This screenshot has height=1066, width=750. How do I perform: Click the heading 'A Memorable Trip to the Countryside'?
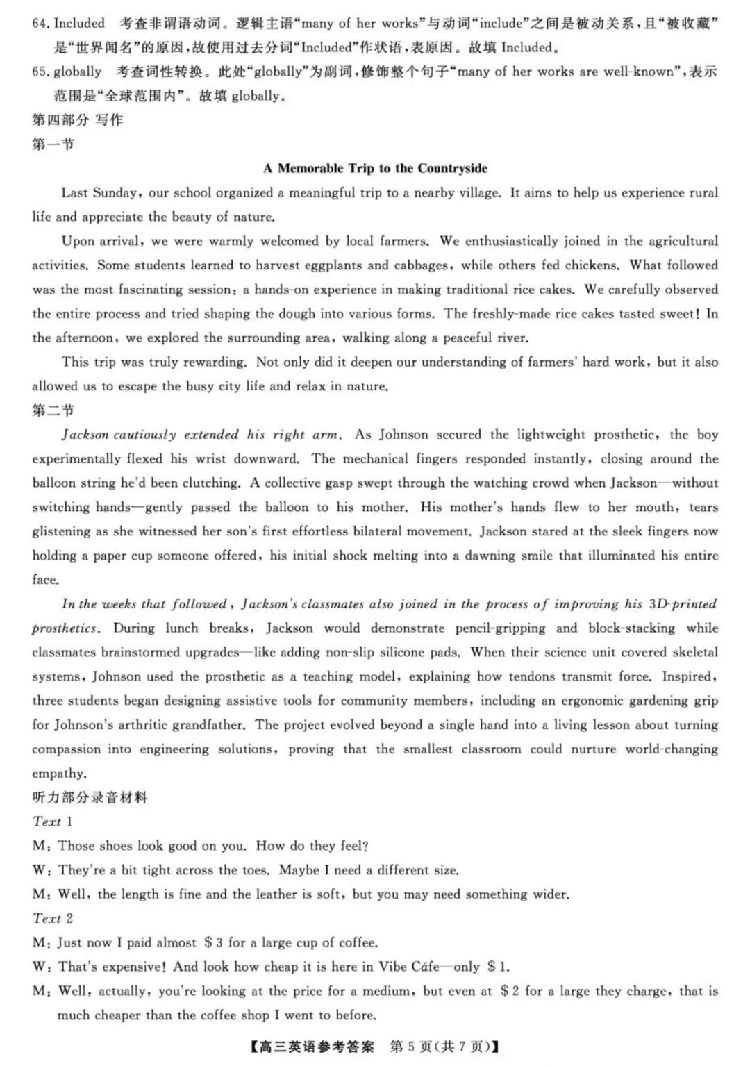375,168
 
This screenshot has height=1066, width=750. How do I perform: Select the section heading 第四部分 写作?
77,120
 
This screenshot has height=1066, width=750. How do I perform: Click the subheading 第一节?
53,144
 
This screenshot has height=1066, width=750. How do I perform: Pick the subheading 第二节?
53,410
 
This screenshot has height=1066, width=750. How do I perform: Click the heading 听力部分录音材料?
90,797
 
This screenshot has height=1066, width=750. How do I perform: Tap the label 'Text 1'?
52,822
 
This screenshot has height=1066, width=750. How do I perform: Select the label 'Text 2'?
52,918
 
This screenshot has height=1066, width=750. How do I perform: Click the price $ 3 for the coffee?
213,942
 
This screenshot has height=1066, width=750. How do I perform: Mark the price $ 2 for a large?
510,991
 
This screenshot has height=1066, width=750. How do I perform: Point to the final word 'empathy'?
59,774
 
